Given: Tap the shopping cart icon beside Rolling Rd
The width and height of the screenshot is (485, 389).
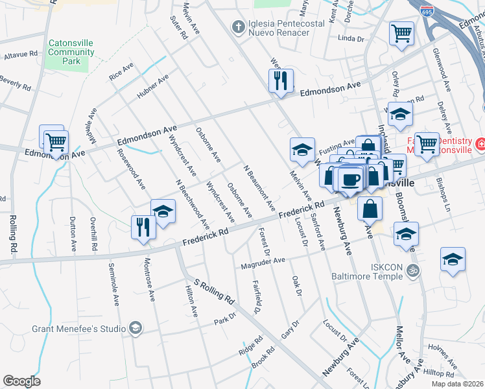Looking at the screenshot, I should point(56,141).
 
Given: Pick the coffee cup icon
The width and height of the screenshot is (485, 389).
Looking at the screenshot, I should point(351,179).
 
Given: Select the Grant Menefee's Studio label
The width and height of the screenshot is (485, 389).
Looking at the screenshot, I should point(79,328).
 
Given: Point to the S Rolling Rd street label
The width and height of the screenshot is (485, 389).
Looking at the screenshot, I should point(213,290).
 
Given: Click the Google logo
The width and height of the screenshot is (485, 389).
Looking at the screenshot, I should point(21,381).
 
